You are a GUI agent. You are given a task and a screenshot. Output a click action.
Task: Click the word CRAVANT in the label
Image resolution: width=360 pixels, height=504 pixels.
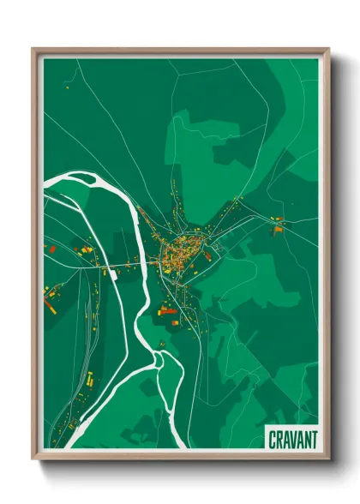(x=292, y=438)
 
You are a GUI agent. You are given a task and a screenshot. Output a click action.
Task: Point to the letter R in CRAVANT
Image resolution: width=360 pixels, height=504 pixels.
(x=279, y=438)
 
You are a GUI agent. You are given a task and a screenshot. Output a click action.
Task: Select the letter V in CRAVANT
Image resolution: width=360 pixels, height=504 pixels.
(x=293, y=438)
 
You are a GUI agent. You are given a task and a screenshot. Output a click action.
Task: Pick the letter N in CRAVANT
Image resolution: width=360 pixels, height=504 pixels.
(x=306, y=438)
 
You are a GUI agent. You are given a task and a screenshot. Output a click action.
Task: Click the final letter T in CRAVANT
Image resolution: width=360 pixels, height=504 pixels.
(x=313, y=438)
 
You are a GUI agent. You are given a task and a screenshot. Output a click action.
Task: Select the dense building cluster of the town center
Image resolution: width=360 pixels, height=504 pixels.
(x=182, y=248)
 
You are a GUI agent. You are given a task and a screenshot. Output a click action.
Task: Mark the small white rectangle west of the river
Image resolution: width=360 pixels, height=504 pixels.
(x=112, y=273)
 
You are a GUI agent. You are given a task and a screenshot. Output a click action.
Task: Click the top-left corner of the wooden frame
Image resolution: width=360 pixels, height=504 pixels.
(x=33, y=49)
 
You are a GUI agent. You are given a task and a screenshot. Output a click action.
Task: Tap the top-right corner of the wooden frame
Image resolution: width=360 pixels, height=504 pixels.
(x=328, y=49)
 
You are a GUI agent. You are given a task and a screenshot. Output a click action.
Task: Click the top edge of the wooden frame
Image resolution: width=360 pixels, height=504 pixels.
(x=180, y=50)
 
